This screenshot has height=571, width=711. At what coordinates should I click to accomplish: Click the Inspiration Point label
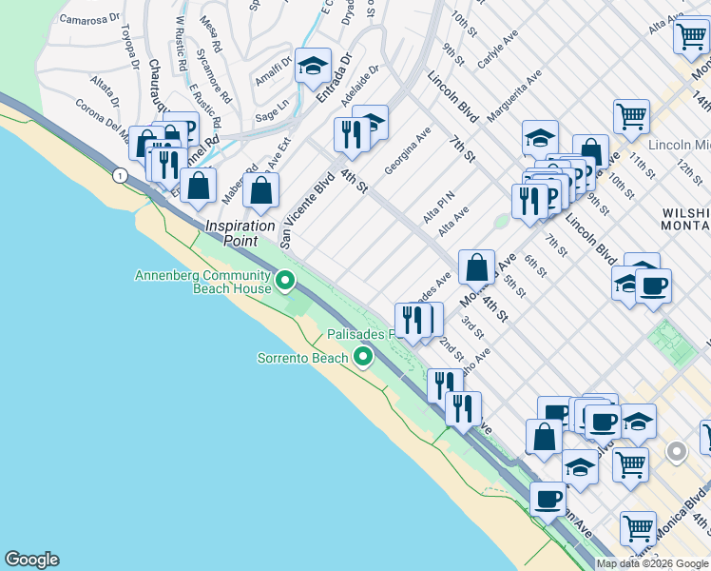coord(241,233)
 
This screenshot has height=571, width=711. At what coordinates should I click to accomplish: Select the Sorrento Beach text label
coord(303,358)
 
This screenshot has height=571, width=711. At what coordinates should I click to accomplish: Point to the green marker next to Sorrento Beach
coord(362,358)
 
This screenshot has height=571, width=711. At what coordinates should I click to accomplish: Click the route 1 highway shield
coord(119,175)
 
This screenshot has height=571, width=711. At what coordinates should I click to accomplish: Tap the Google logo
coord(31,560)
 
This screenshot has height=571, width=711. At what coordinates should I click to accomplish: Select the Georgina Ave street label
coord(408,150)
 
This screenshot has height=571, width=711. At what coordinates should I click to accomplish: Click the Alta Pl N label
coord(440,203)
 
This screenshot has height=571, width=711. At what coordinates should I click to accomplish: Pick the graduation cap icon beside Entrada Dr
coord(313,67)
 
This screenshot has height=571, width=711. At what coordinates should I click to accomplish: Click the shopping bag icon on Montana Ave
coord(477,268)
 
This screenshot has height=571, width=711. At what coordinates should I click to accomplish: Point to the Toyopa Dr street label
coord(130,51)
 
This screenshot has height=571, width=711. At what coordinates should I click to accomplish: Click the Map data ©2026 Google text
coord(652,563)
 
